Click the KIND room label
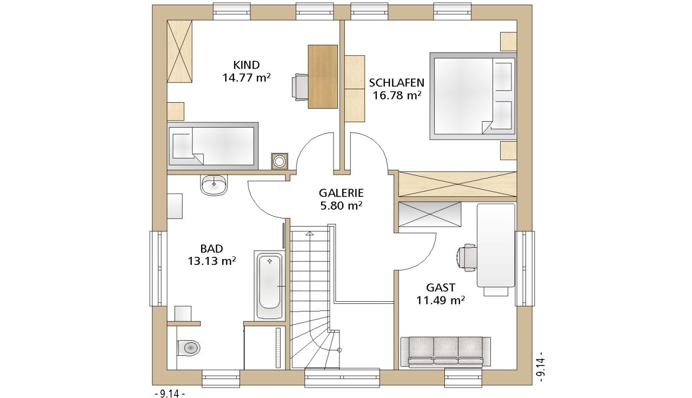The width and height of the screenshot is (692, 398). click(x=246, y=65)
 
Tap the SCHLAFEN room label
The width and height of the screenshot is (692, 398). click(x=397, y=83)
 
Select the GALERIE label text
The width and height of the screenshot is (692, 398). click(x=341, y=193)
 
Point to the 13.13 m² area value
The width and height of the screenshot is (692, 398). click(x=212, y=261)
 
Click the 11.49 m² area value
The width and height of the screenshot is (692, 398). click(x=441, y=300)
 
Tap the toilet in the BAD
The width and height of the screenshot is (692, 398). click(x=189, y=348)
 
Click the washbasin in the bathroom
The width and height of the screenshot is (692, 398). click(x=214, y=185)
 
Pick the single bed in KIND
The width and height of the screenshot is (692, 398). click(x=212, y=146)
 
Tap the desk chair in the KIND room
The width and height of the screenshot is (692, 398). click(x=300, y=87)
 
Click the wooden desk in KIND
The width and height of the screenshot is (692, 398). click(x=323, y=77)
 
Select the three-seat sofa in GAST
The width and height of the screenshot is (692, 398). click(x=445, y=352)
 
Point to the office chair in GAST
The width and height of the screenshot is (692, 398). click(x=466, y=257)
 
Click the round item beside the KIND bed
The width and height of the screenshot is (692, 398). click(x=280, y=161)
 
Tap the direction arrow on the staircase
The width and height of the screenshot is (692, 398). click(x=309, y=233)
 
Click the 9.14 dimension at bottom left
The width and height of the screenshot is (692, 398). click(x=170, y=393)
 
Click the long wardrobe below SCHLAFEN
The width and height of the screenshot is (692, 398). click(x=458, y=184)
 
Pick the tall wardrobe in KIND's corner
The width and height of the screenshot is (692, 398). click(x=179, y=51)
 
